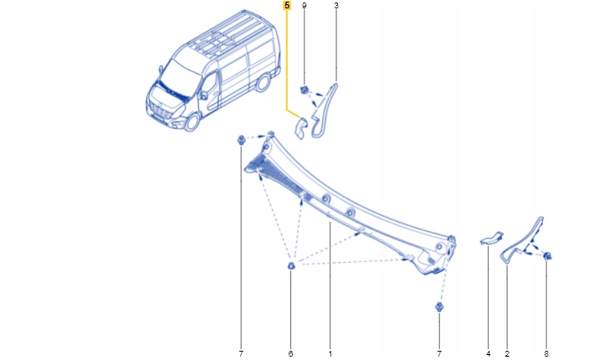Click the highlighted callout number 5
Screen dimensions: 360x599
click(x=287, y=6)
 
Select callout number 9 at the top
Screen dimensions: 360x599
click(x=304, y=6)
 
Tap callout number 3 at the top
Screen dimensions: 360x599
click(x=335, y=6)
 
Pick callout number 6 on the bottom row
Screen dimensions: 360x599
click(x=290, y=354)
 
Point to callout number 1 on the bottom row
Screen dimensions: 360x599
click(x=330, y=354)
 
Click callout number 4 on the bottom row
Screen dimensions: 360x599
click(x=488, y=354)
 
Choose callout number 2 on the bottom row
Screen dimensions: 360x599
click(x=507, y=354)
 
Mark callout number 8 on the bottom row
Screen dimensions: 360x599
click(x=546, y=354)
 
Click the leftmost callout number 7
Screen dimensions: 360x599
click(x=240, y=354)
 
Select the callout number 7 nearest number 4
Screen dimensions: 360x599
click(x=438, y=354)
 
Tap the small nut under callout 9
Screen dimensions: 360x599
click(x=305, y=90)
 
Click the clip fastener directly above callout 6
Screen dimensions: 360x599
click(x=290, y=266)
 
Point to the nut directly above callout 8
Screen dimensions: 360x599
click(x=546, y=255)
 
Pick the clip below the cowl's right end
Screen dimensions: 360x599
click(x=438, y=308)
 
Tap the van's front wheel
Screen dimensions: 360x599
click(x=192, y=121)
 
